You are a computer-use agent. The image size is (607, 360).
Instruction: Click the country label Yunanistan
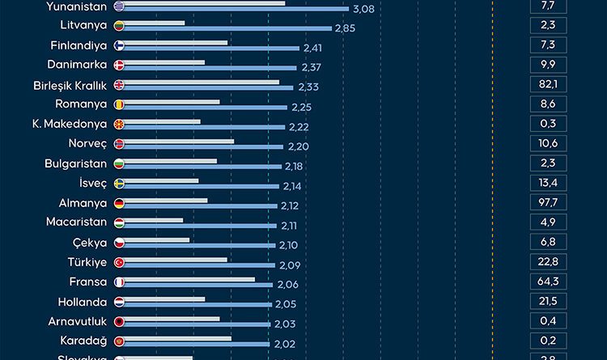point(75,6)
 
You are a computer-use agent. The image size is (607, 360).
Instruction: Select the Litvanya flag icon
point(119,26)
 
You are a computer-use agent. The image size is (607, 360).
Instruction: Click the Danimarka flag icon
point(119,65)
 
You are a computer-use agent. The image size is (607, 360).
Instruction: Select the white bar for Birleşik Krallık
point(202,82)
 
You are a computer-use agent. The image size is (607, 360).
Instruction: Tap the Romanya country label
point(81,104)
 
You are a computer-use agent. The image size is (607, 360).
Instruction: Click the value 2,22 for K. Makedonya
point(299,127)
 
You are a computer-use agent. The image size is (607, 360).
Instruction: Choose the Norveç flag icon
point(119,143)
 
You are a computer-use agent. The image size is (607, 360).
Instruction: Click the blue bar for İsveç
point(204,186)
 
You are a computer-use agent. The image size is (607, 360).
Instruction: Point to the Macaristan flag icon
point(119,222)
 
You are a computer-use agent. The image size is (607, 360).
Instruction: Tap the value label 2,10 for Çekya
point(289,245)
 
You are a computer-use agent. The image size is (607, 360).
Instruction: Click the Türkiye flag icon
point(119,262)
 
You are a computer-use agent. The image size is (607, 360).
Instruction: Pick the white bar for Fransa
point(190,279)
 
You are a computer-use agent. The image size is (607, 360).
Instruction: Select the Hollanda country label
point(83,301)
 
